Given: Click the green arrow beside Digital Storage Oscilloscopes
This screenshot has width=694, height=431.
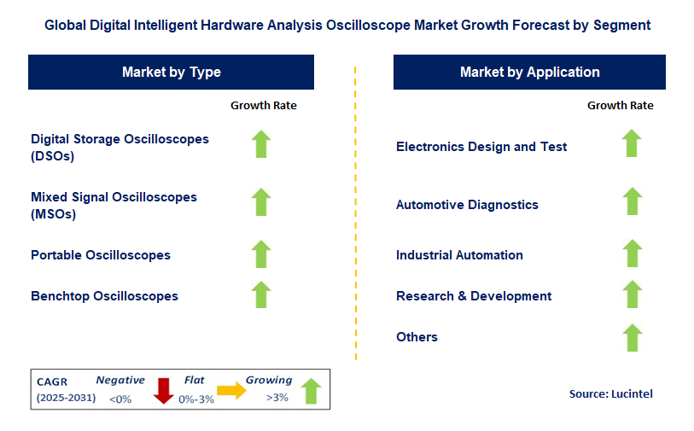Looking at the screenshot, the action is pyautogui.click(x=261, y=144).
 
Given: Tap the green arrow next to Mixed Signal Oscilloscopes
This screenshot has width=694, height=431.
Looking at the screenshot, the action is pyautogui.click(x=261, y=202).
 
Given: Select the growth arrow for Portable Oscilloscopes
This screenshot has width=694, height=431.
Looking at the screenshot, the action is pyautogui.click(x=261, y=254).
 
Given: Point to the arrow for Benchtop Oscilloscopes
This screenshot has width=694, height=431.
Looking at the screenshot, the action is pyautogui.click(x=261, y=294).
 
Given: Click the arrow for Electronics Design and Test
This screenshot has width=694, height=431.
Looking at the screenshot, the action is pyautogui.click(x=632, y=143).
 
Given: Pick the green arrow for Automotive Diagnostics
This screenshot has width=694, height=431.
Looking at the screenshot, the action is pyautogui.click(x=633, y=201).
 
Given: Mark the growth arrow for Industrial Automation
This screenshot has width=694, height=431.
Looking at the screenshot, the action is pyautogui.click(x=633, y=253).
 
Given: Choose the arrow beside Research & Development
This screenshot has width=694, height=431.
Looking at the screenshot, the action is pyautogui.click(x=633, y=294).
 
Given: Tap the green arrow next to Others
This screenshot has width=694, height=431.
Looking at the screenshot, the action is pyautogui.click(x=633, y=338).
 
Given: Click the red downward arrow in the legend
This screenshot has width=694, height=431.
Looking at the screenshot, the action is pyautogui.click(x=163, y=391).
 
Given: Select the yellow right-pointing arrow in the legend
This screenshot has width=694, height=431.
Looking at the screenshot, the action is pyautogui.click(x=231, y=390).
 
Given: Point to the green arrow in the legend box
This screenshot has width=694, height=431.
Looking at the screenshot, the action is pyautogui.click(x=312, y=391).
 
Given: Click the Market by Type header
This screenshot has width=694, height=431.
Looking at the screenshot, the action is pyautogui.click(x=172, y=73).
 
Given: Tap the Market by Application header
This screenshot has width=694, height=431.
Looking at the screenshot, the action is pyautogui.click(x=530, y=73).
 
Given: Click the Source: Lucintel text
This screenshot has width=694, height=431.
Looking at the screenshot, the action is pyautogui.click(x=611, y=393).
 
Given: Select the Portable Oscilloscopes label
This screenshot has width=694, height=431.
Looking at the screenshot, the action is pyautogui.click(x=101, y=255).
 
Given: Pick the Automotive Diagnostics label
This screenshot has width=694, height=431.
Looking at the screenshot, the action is pyautogui.click(x=467, y=205).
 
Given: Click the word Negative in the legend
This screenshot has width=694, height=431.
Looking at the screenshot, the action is pyautogui.click(x=120, y=380).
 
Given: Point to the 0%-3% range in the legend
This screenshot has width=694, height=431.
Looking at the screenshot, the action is pyautogui.click(x=196, y=399).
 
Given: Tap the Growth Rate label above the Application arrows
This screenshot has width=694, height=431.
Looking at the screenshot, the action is pyautogui.click(x=620, y=105).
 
